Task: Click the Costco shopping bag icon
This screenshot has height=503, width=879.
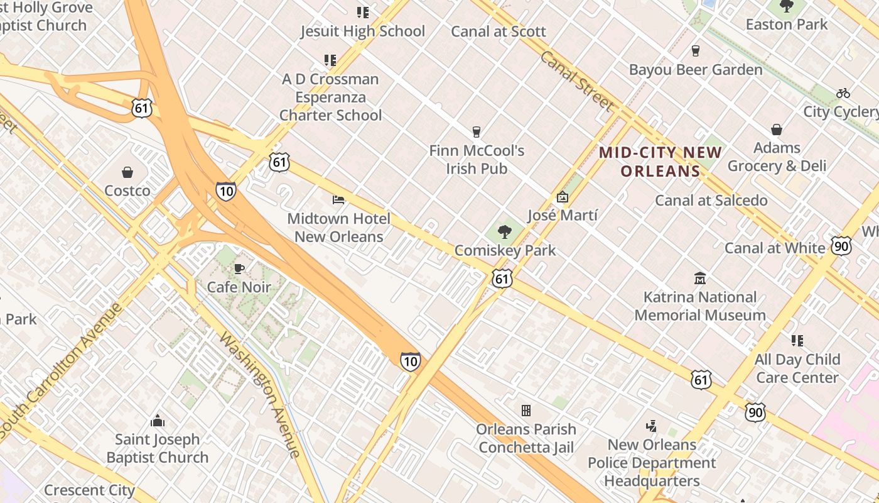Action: coord(127,172)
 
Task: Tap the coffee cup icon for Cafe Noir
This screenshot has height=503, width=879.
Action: coord(239,269)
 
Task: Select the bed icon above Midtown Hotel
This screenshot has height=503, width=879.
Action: coord(338,200)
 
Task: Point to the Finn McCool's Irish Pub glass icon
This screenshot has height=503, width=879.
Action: coord(477,132)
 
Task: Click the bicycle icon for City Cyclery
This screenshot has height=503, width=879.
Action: coord(843,94)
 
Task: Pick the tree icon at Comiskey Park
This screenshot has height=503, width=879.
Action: coord(504,232)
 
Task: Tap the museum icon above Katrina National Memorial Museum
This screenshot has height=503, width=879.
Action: coord(700,279)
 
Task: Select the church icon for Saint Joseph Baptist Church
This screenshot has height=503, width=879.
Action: coord(158,421)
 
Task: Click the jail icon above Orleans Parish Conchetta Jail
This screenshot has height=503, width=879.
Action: coord(526,411)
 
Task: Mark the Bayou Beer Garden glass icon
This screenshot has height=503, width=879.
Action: coord(696,51)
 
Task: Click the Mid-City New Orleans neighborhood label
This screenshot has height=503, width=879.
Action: coord(661,162)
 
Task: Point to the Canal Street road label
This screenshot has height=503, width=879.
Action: coord(576,81)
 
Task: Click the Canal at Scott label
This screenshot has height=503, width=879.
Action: coord(499,31)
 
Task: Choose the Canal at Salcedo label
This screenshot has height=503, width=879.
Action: coord(711,201)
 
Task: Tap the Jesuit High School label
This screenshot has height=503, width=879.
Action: coord(362,31)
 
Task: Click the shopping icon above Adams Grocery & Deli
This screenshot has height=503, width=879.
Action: coord(777,130)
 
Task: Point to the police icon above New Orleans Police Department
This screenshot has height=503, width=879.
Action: coord(652,426)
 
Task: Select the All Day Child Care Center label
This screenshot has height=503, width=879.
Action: coord(797,368)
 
